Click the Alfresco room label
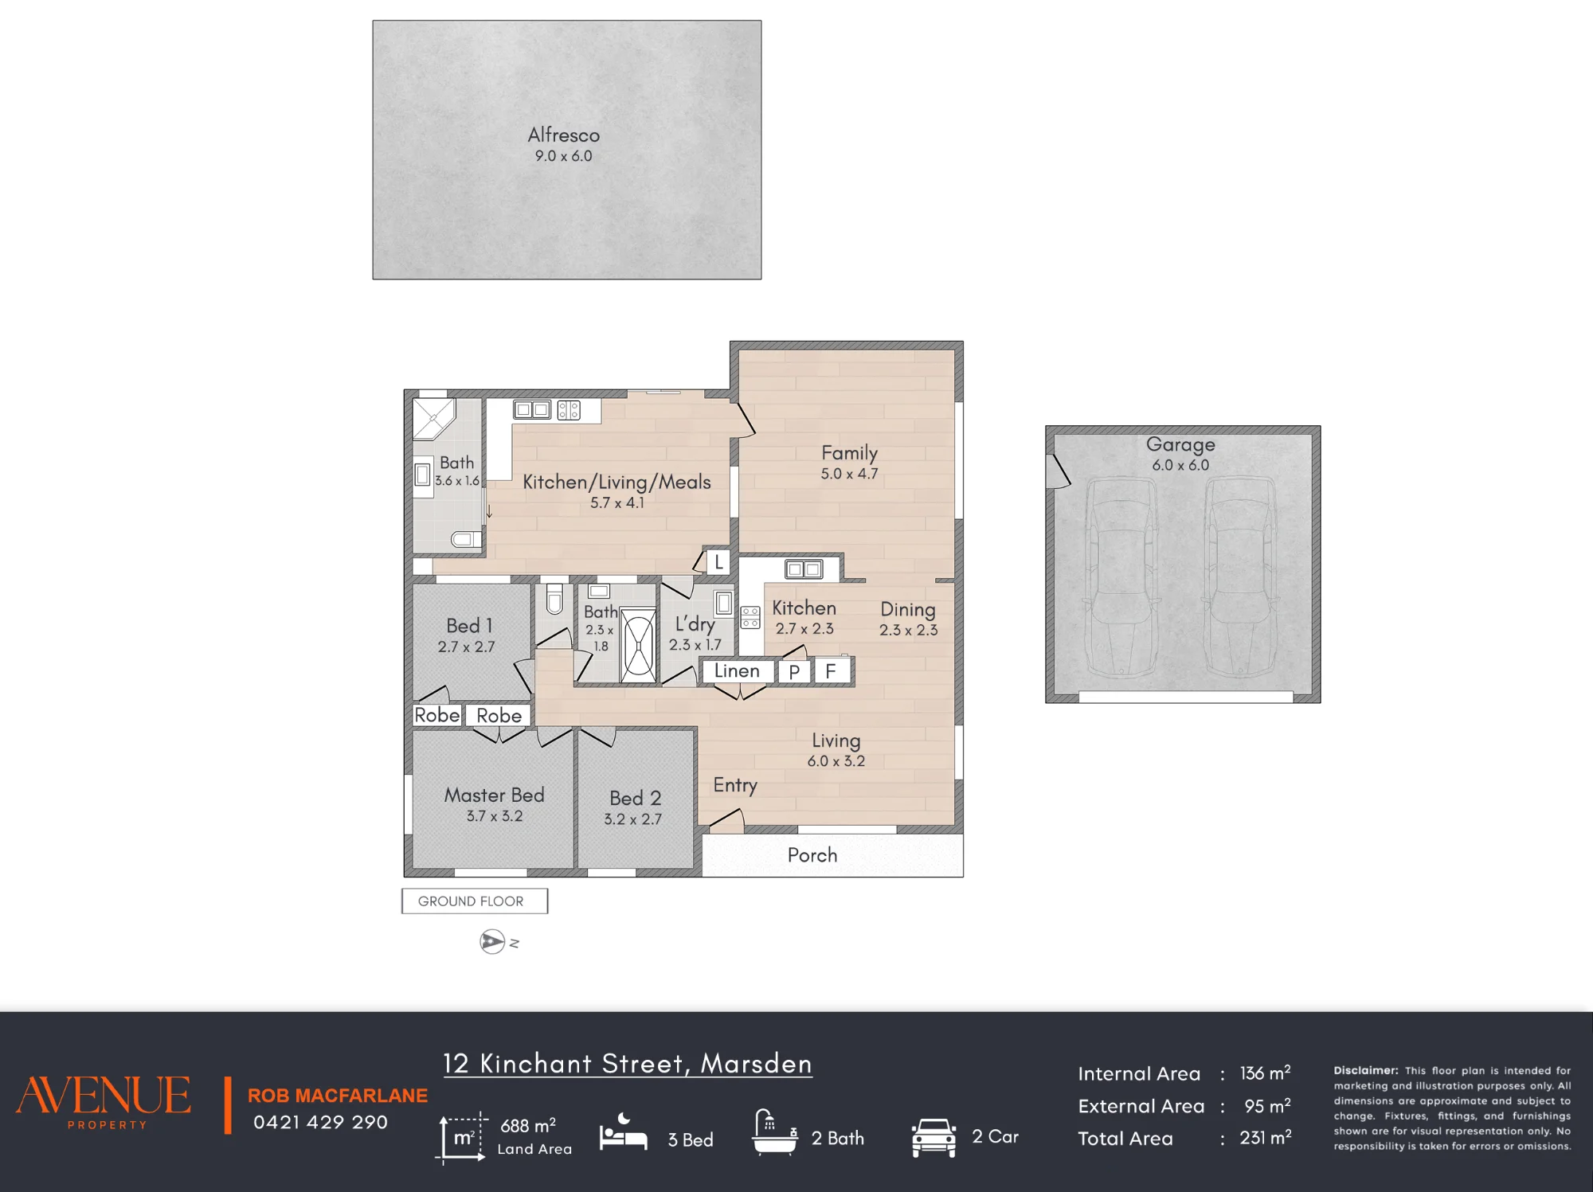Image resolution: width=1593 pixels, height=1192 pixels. pos(564,135)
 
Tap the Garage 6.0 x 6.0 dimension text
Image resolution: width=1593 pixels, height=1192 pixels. pos(1180,465)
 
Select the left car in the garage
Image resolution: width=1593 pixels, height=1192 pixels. pos(1121,577)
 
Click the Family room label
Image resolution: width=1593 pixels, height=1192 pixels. pos(850,453)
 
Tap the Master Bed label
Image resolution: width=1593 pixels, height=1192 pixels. pos(495,795)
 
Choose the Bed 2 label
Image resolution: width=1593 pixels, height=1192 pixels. pos(636,798)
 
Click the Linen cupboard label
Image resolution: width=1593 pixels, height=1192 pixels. pos(737,671)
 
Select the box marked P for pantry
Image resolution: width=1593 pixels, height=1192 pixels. pos(794,672)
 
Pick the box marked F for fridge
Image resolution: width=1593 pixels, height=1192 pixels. pos(832,671)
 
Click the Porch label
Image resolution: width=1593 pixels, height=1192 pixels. pos(812,855)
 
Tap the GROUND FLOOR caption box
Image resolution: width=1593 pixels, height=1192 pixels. pos(475,901)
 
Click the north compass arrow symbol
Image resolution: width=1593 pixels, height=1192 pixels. pos(493,942)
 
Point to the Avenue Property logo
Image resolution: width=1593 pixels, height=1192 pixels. pos(104,1102)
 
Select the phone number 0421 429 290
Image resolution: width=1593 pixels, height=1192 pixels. pos(320,1123)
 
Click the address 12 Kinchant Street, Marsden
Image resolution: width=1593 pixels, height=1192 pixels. pos(628,1064)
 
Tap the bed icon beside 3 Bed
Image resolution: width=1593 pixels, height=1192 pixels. pos(623,1132)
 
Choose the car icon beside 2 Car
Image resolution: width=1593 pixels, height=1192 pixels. pos(933,1138)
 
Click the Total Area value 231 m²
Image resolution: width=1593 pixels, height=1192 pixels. pos(1265,1138)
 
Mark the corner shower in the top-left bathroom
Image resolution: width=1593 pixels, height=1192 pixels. pos(433,419)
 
